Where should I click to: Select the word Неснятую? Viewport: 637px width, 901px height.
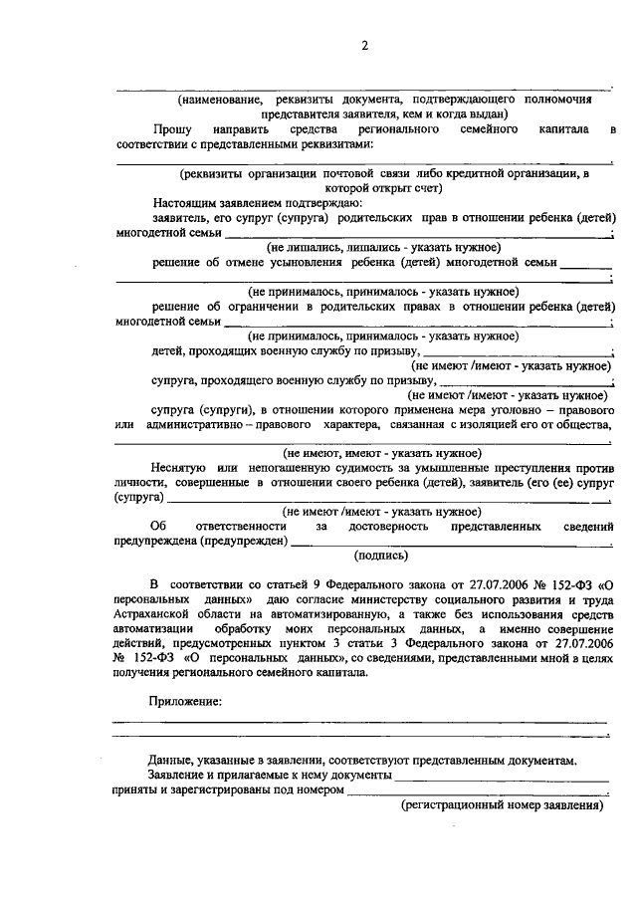(x=180, y=467)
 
